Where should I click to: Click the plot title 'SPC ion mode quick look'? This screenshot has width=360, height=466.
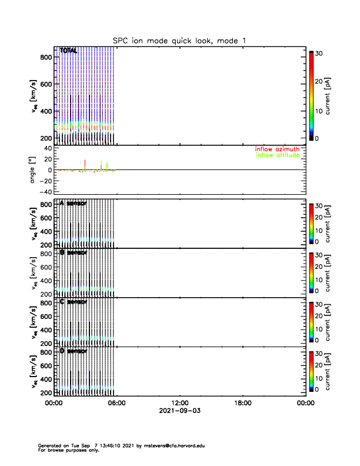[x=179, y=40]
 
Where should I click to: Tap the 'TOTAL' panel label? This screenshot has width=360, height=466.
[x=68, y=51]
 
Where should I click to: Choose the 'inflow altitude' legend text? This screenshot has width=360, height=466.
[x=278, y=155]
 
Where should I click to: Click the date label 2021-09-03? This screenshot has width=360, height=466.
[x=179, y=410]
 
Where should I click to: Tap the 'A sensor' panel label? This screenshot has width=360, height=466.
[x=73, y=203]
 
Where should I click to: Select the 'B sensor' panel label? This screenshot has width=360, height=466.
[x=73, y=252]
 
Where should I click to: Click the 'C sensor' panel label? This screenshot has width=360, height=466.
[x=73, y=302]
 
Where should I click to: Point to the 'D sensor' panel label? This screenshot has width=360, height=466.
[x=73, y=351]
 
